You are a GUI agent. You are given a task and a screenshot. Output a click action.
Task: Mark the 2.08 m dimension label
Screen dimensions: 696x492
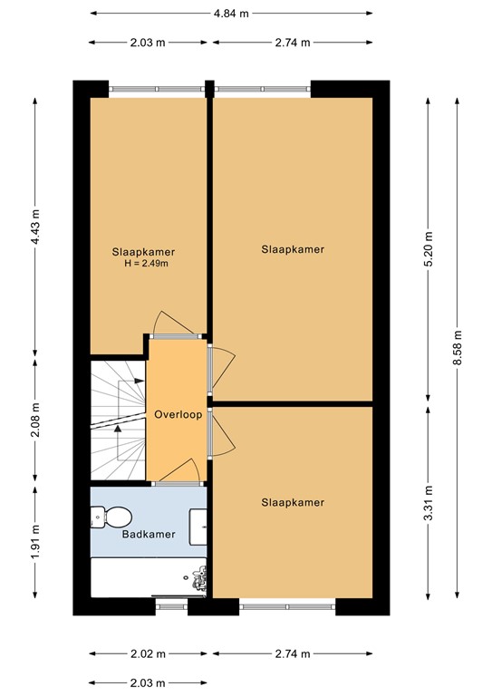[x=35, y=420]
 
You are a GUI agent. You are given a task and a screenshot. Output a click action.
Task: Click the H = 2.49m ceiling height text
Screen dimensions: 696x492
[x=147, y=264]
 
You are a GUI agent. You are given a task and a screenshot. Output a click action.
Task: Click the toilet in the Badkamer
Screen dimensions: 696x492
[x=111, y=517]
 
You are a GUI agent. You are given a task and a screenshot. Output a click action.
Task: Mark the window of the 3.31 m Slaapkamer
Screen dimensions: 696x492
[x=288, y=601]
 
